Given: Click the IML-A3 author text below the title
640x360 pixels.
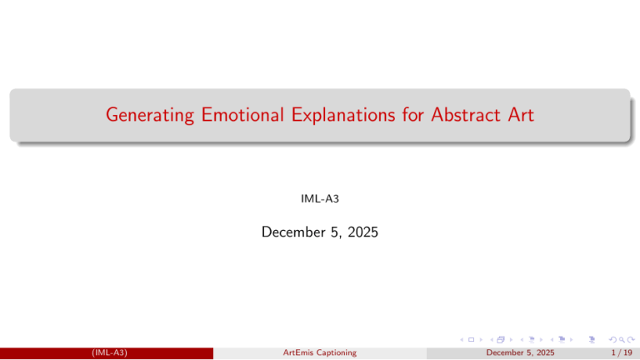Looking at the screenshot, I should coord(319,199).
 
